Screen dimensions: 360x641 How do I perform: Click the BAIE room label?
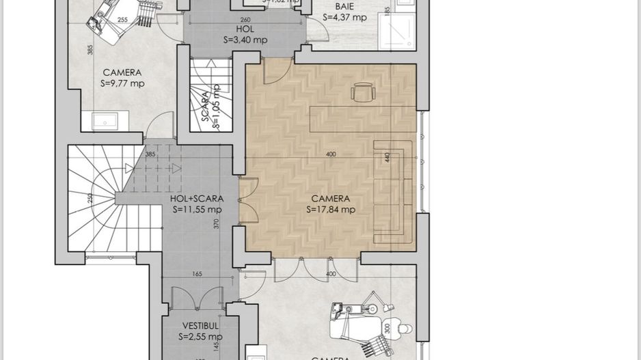pyautogui.click(x=344, y=7)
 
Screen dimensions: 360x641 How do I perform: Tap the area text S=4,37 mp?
pyautogui.click(x=344, y=18)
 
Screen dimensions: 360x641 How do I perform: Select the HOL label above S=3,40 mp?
pyautogui.click(x=245, y=29)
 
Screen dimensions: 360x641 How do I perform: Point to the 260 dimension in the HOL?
pyautogui.click(x=245, y=20)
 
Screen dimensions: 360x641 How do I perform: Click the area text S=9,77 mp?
pyautogui.click(x=122, y=83)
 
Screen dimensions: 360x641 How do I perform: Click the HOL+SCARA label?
pyautogui.click(x=196, y=199)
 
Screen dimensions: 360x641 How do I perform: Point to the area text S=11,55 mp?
pyautogui.click(x=196, y=210)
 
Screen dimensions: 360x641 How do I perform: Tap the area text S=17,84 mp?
pyautogui.click(x=331, y=210)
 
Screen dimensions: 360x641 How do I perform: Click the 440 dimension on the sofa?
pyautogui.click(x=387, y=157)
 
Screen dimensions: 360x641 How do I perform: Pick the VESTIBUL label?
pyautogui.click(x=200, y=326)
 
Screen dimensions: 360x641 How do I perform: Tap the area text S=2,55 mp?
pyautogui.click(x=200, y=337)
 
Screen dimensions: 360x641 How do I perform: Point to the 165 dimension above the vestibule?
pyautogui.click(x=196, y=274)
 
